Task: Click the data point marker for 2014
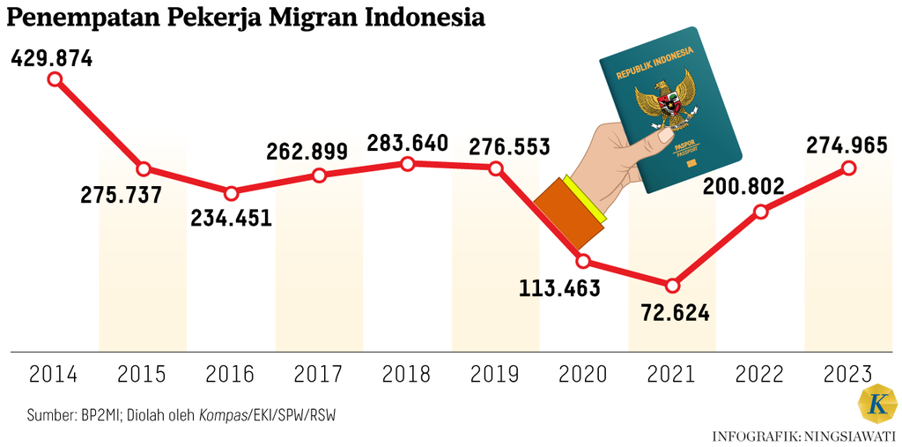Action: [x=55, y=79]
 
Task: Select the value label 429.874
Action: [x=52, y=59]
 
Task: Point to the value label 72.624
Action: [x=672, y=312]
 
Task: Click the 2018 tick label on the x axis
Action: [x=406, y=375]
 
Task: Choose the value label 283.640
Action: [x=407, y=143]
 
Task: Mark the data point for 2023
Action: [x=849, y=168]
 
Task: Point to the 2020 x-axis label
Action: [x=583, y=375]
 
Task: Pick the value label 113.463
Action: [x=559, y=287]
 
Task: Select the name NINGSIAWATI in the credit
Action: [x=847, y=435]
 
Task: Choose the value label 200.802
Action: [x=738, y=187]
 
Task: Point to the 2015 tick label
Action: [x=142, y=375]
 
